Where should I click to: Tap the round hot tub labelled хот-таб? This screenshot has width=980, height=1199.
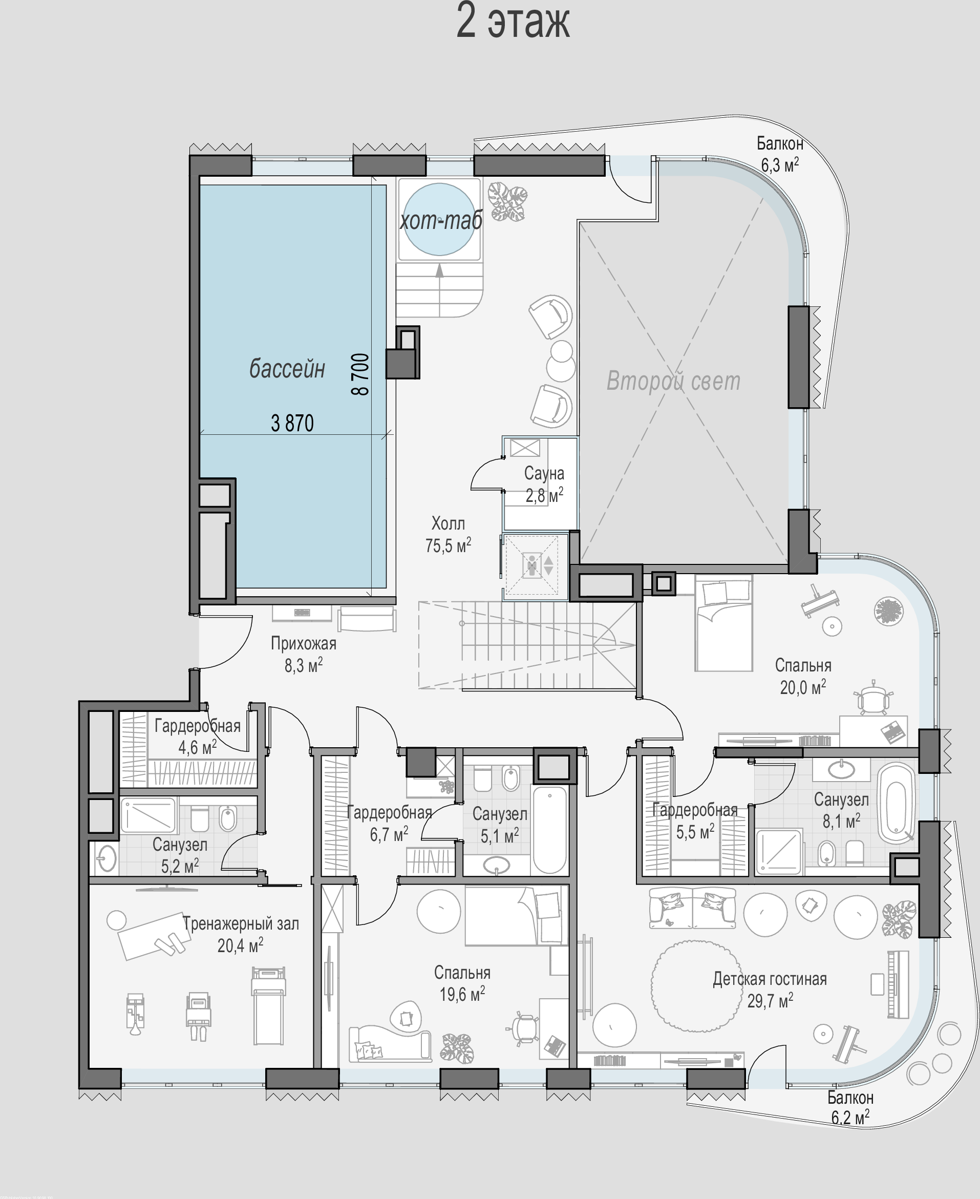440,219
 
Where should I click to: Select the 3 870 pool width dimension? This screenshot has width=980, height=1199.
292,423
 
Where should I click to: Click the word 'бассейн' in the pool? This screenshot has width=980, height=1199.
287,369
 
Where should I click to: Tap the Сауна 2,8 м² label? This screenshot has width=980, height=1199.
544,484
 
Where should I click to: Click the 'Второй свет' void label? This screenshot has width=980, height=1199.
673,381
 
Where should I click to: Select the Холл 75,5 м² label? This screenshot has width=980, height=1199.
448,534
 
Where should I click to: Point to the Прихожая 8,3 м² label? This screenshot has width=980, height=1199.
304,654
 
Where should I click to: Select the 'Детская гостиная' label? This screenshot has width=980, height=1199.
770,979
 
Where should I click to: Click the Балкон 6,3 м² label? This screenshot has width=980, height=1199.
780,154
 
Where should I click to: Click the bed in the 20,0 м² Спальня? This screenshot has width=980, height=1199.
723,622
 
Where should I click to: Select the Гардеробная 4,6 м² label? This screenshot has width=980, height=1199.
198,737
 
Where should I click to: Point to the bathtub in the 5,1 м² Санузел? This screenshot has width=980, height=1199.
550,830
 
